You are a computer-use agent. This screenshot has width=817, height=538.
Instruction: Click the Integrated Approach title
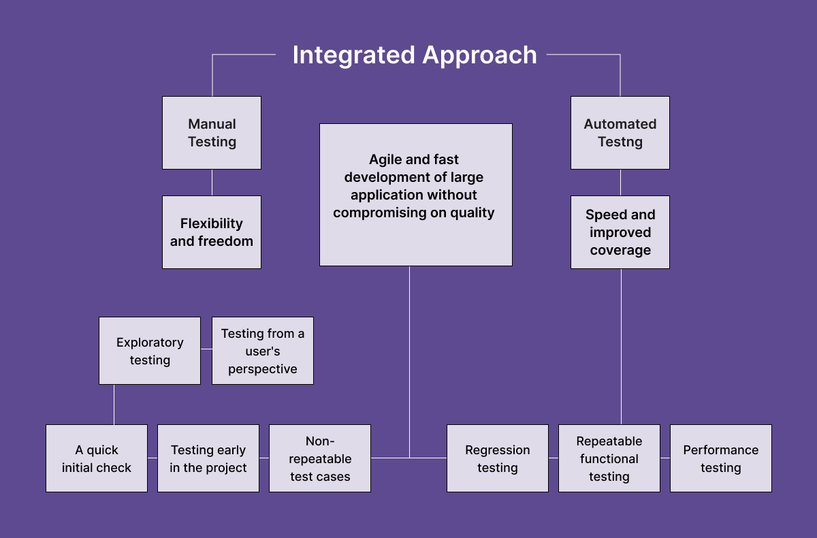[415, 55]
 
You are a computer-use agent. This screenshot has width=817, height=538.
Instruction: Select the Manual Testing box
[212, 133]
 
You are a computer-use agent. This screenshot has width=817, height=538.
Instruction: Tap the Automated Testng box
[620, 133]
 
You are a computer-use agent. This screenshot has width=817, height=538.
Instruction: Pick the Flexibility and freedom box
[212, 232]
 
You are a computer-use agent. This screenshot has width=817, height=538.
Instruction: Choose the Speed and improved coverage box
[620, 232]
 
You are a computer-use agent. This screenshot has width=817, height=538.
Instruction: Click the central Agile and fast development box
[415, 194]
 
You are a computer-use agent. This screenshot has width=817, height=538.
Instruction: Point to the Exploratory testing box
[150, 351]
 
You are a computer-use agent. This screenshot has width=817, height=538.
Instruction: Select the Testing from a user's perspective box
[263, 351]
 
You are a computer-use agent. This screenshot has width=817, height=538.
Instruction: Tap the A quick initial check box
[97, 458]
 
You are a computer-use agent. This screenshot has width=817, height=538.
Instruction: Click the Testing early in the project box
[208, 458]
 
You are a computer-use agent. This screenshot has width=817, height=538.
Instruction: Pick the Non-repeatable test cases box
[320, 458]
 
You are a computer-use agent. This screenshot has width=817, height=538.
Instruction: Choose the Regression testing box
[498, 458]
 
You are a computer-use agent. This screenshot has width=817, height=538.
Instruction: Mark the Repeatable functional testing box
[609, 458]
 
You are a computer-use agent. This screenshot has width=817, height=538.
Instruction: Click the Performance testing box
[721, 458]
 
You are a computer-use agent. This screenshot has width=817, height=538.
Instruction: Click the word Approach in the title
[480, 55]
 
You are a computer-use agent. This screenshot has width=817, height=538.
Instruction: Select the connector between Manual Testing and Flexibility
[212, 183]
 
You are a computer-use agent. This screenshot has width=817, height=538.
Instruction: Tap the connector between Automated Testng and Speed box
[620, 183]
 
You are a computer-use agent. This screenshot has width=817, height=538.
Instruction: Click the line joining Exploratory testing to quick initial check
[114, 405]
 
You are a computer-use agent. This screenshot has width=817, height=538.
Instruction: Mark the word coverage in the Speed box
[620, 250]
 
